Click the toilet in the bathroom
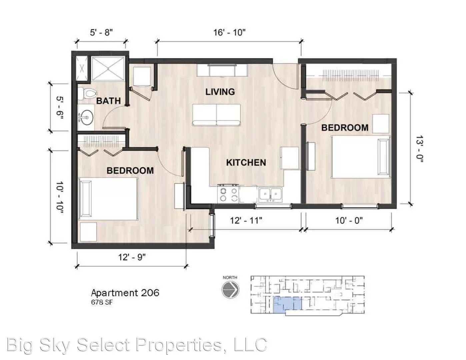[86, 94]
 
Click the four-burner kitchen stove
[228, 194]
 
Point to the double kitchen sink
[270, 194]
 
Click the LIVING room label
[220, 92]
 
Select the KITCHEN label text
[246, 163]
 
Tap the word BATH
[108, 100]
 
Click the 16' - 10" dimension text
[229, 32]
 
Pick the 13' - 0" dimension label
[419, 149]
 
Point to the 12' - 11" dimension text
[246, 220]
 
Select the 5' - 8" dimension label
[101, 32]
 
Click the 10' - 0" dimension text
[349, 220]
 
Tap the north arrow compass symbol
[230, 289]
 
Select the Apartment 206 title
[125, 293]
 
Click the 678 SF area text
[102, 303]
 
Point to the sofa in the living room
[217, 114]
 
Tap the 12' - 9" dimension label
[132, 257]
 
